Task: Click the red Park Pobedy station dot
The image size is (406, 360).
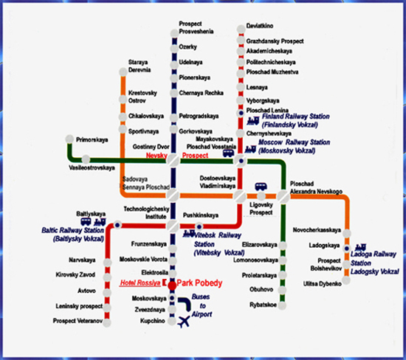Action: click(172, 285)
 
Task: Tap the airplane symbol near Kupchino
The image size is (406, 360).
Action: click(184, 322)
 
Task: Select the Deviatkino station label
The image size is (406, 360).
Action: click(260, 26)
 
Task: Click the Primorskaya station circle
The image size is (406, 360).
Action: click(69, 139)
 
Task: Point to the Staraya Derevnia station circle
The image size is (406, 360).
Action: click(123, 72)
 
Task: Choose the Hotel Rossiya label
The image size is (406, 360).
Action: click(140, 283)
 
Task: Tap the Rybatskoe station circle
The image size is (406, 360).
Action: click(282, 305)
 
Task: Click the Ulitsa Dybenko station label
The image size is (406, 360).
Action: click(323, 284)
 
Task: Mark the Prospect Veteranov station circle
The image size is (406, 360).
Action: click(107, 322)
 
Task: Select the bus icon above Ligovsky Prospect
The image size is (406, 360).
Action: click(261, 187)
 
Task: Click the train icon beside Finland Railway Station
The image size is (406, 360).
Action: click(253, 120)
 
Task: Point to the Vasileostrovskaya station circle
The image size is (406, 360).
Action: click(86, 159)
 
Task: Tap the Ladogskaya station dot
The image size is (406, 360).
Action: click(347, 249)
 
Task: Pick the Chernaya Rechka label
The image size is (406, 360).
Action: click(202, 93)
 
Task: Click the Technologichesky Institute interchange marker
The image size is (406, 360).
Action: click(173, 226)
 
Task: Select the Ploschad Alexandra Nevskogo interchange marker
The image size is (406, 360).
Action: click(283, 196)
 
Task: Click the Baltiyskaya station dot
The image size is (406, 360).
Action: click(117, 225)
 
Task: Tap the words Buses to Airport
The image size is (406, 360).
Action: click(202, 305)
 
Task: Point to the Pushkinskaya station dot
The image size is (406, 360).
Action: click(199, 226)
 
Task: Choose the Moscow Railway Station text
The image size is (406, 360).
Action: click(294, 147)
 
